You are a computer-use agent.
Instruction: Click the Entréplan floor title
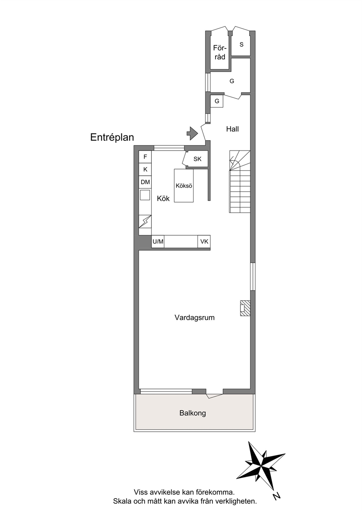[112, 138]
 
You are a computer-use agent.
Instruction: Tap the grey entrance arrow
[192, 133]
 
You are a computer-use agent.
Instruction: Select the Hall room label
[232, 129]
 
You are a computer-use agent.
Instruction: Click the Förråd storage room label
[219, 52]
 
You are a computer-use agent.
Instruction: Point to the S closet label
[242, 45]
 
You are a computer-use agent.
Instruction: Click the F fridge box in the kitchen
[145, 157]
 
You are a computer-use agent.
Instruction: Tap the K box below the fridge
[145, 169]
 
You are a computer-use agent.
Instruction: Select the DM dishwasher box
[145, 182]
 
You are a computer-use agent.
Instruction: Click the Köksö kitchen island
[184, 186]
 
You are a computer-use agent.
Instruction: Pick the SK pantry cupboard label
[197, 159]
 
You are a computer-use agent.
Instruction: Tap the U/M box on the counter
[158, 241]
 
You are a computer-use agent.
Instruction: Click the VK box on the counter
[204, 241]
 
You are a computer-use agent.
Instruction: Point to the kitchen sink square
[145, 195]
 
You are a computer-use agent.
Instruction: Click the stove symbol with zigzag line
[145, 221]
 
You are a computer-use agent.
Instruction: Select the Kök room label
[163, 199]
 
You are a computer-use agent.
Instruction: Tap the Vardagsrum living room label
[195, 318]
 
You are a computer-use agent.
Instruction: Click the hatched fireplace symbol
[245, 308]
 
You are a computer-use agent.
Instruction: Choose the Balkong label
[193, 413]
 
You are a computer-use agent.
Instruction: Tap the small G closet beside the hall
[217, 101]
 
